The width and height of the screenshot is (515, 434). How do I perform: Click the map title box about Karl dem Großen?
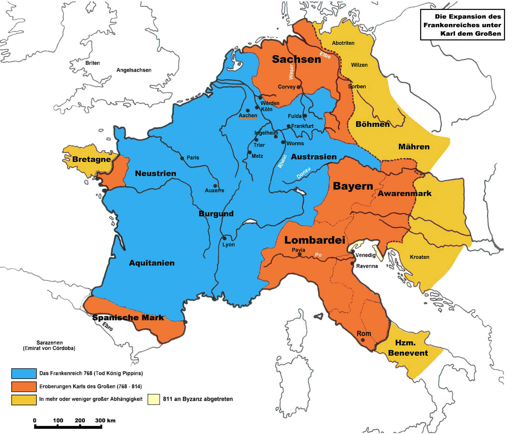(x=462, y=25)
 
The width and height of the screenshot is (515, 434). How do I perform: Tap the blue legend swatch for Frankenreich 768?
(x=24, y=373)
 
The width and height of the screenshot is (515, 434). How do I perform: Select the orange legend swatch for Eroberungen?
(x=24, y=387)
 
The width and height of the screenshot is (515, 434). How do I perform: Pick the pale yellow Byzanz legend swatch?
(x=154, y=399)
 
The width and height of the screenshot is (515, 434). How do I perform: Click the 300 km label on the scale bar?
(x=105, y=420)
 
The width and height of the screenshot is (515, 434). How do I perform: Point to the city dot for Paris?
(x=182, y=159)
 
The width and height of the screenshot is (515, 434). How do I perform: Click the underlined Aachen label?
(x=248, y=115)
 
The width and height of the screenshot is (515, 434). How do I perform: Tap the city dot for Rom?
(x=363, y=340)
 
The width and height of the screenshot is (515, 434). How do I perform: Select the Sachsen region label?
(x=296, y=59)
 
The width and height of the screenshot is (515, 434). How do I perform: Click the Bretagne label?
(x=92, y=159)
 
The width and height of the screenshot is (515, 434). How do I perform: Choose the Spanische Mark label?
(x=128, y=317)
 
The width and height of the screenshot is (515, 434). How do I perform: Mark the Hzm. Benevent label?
(x=408, y=348)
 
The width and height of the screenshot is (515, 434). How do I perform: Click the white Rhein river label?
(x=282, y=161)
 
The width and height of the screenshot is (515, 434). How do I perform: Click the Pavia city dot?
(x=299, y=254)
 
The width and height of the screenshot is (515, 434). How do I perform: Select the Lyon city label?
(x=228, y=245)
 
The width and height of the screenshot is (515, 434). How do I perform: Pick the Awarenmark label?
(x=405, y=193)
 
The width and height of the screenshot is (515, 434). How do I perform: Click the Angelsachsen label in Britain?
(x=134, y=70)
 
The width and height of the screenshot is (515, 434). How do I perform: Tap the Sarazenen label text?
(x=49, y=342)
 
